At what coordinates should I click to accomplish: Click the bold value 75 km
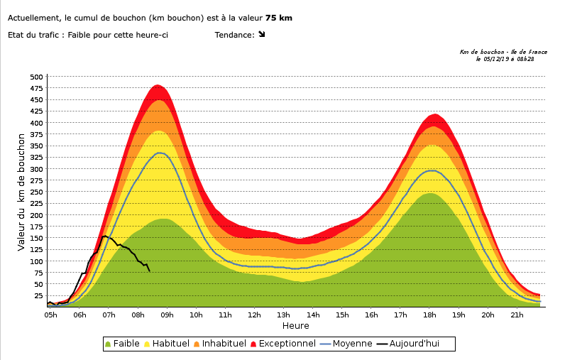278,18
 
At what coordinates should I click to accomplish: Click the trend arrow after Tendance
261,34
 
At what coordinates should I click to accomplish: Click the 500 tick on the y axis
36,77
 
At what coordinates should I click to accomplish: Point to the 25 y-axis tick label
38,295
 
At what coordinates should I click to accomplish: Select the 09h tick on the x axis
168,315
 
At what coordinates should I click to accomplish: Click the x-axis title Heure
295,326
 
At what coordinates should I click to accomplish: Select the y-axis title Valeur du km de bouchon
21,192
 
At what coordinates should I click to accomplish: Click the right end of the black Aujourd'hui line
149,271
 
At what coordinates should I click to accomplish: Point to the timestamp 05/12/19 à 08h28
505,59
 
